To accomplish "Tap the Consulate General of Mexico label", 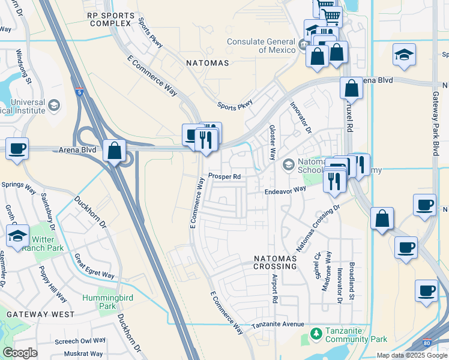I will (x=261, y=46).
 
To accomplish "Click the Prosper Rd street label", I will (x=224, y=176).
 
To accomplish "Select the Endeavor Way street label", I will (x=286, y=190).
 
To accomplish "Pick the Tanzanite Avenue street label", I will (x=278, y=325).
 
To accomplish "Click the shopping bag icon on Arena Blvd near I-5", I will (x=114, y=151).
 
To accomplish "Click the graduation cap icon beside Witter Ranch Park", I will (x=17, y=236).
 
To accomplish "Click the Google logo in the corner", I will (x=20, y=353).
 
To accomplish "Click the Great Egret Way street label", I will (x=94, y=266).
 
